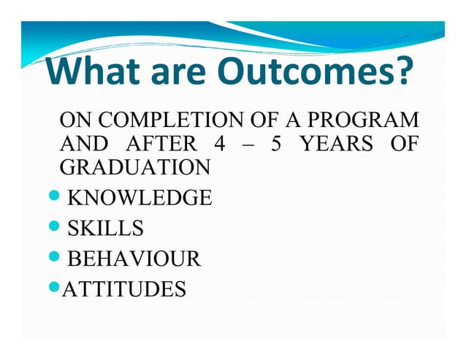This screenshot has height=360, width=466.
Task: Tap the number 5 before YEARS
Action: tap(275, 143)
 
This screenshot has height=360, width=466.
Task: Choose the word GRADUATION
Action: tap(134, 167)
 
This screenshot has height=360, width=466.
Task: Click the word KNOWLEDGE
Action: tap(140, 198)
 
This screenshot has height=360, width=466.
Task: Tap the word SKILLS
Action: tap(105, 229)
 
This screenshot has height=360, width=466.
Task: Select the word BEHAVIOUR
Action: tap(134, 259)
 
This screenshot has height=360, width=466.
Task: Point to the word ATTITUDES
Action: tap(124, 290)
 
